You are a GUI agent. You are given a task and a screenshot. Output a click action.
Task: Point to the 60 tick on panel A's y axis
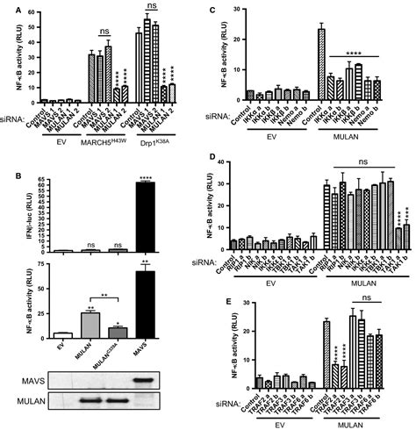point(39,11)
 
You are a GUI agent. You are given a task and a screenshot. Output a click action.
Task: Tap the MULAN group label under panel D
point(362,275)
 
